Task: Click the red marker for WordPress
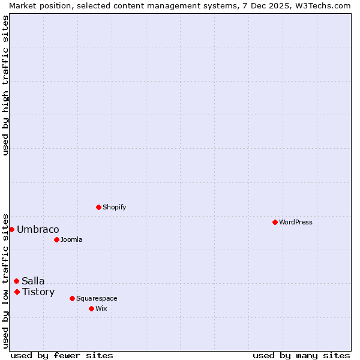pyautogui.click(x=275, y=222)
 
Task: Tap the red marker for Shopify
pyautogui.click(x=98, y=207)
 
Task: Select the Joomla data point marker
pyautogui.click(x=56, y=239)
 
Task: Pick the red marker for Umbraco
pyautogui.click(x=11, y=229)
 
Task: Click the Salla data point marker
pyautogui.click(x=16, y=281)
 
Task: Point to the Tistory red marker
pyautogui.click(x=17, y=292)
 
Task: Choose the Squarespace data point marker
pyautogui.click(x=72, y=298)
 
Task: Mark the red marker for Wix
pyautogui.click(x=91, y=308)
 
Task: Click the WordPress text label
pyautogui.click(x=296, y=222)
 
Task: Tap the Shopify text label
pyautogui.click(x=114, y=207)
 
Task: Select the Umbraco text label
pyautogui.click(x=38, y=229)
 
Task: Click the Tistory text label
pyautogui.click(x=38, y=292)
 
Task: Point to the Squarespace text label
pyautogui.click(x=97, y=298)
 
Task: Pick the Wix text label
pyautogui.click(x=101, y=308)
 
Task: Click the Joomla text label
pyautogui.click(x=71, y=239)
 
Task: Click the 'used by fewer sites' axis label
pyautogui.click(x=62, y=355)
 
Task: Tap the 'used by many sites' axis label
pyautogui.click(x=301, y=355)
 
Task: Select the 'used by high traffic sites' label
pyautogui.click(x=5, y=85)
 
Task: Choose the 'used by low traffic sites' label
pyautogui.click(x=5, y=280)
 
